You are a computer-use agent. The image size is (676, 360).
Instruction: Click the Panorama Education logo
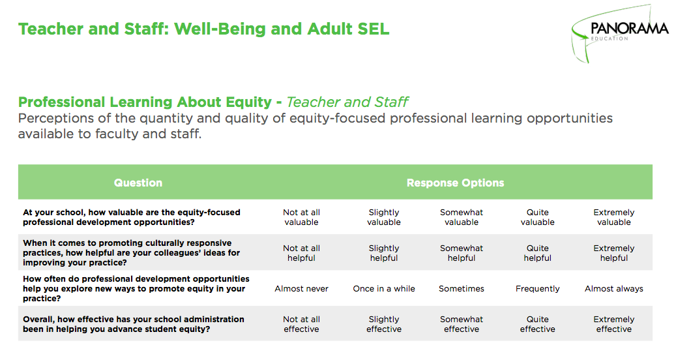click(620, 31)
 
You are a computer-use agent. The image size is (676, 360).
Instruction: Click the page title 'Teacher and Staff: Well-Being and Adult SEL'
click(203, 29)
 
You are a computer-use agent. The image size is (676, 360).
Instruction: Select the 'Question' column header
click(138, 183)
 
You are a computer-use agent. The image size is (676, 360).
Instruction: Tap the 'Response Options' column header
click(455, 183)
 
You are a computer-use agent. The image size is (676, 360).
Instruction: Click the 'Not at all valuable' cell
click(301, 217)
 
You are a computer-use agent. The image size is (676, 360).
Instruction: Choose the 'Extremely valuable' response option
click(613, 217)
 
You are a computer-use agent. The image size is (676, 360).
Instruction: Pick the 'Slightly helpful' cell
click(384, 253)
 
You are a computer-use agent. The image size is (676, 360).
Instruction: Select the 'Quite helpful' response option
click(537, 253)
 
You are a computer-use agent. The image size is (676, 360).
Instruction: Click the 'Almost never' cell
click(301, 288)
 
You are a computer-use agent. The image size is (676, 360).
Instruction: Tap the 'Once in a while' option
click(384, 288)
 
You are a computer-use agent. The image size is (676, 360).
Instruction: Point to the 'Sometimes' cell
click(462, 288)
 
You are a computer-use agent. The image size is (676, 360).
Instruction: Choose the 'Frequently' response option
click(537, 288)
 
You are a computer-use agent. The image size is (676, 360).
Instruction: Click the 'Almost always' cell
click(613, 288)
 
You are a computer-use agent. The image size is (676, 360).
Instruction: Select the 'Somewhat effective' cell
click(462, 324)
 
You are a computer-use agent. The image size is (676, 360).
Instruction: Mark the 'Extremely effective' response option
click(613, 324)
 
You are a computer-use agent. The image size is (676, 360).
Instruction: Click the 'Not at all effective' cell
click(301, 324)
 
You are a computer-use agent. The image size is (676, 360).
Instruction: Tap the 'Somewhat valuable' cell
click(462, 217)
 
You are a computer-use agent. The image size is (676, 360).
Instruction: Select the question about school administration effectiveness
click(134, 324)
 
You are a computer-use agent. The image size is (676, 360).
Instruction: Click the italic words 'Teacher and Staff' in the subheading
click(347, 102)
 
